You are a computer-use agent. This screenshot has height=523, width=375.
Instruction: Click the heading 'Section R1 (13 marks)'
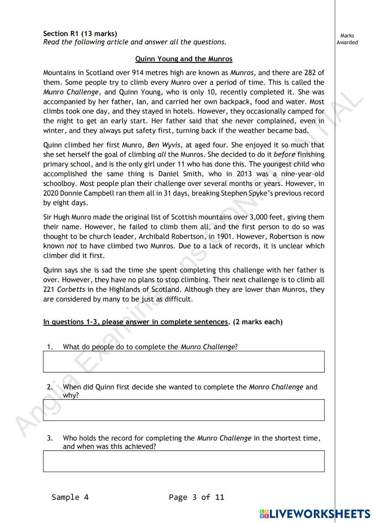[x=80, y=34]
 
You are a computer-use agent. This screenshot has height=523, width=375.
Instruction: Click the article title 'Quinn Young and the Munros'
[x=184, y=59]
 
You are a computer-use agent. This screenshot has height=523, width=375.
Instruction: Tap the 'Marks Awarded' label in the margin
[x=347, y=39]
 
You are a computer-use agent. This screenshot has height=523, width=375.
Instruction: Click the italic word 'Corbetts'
[x=71, y=289]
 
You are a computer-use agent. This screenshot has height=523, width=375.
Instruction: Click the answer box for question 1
[x=184, y=362]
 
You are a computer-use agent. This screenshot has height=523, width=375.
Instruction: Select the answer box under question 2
[x=184, y=410]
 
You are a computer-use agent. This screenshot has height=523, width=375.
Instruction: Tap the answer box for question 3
[x=184, y=461]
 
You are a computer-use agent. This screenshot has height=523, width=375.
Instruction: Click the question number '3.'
[x=50, y=438]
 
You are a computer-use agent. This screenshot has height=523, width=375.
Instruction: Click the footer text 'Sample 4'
[x=70, y=497]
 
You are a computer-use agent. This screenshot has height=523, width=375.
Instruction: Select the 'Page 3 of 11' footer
[x=196, y=497]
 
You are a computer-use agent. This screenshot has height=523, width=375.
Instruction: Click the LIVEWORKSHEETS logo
[x=315, y=514]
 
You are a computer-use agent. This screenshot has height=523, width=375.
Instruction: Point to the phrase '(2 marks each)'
[x=258, y=322]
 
